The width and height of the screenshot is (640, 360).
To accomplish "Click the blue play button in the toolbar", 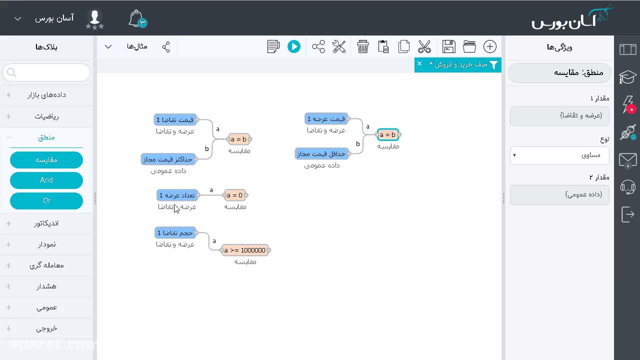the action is click(x=293, y=46).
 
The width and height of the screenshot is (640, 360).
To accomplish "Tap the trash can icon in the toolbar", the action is click(x=362, y=46).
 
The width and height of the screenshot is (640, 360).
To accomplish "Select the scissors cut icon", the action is click(x=424, y=46).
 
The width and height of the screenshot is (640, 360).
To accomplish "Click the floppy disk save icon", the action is click(x=448, y=46).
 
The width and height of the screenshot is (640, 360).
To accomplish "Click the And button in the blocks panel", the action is click(x=46, y=180).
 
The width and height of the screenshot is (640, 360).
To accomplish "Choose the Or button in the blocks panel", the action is click(x=46, y=201).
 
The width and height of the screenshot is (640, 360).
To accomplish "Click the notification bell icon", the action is click(x=136, y=19).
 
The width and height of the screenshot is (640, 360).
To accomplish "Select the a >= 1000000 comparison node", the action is click(x=245, y=250).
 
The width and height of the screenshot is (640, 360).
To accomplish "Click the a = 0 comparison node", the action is click(x=234, y=195).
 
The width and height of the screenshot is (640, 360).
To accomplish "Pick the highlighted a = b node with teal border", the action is click(x=387, y=134).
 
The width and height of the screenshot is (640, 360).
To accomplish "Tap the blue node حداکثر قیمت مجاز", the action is click(x=168, y=159).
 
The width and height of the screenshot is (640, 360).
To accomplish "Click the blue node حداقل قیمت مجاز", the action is click(x=321, y=154).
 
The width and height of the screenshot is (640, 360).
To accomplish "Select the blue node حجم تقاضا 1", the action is click(x=175, y=233).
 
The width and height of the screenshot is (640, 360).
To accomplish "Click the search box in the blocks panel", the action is click(x=46, y=72).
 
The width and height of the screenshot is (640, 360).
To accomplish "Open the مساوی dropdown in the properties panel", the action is click(x=559, y=155).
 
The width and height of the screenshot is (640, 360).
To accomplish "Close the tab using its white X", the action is click(x=419, y=63).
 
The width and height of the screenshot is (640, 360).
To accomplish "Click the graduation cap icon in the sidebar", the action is click(x=627, y=76).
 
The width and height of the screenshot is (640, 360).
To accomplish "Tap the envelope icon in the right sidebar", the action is click(x=627, y=159).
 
